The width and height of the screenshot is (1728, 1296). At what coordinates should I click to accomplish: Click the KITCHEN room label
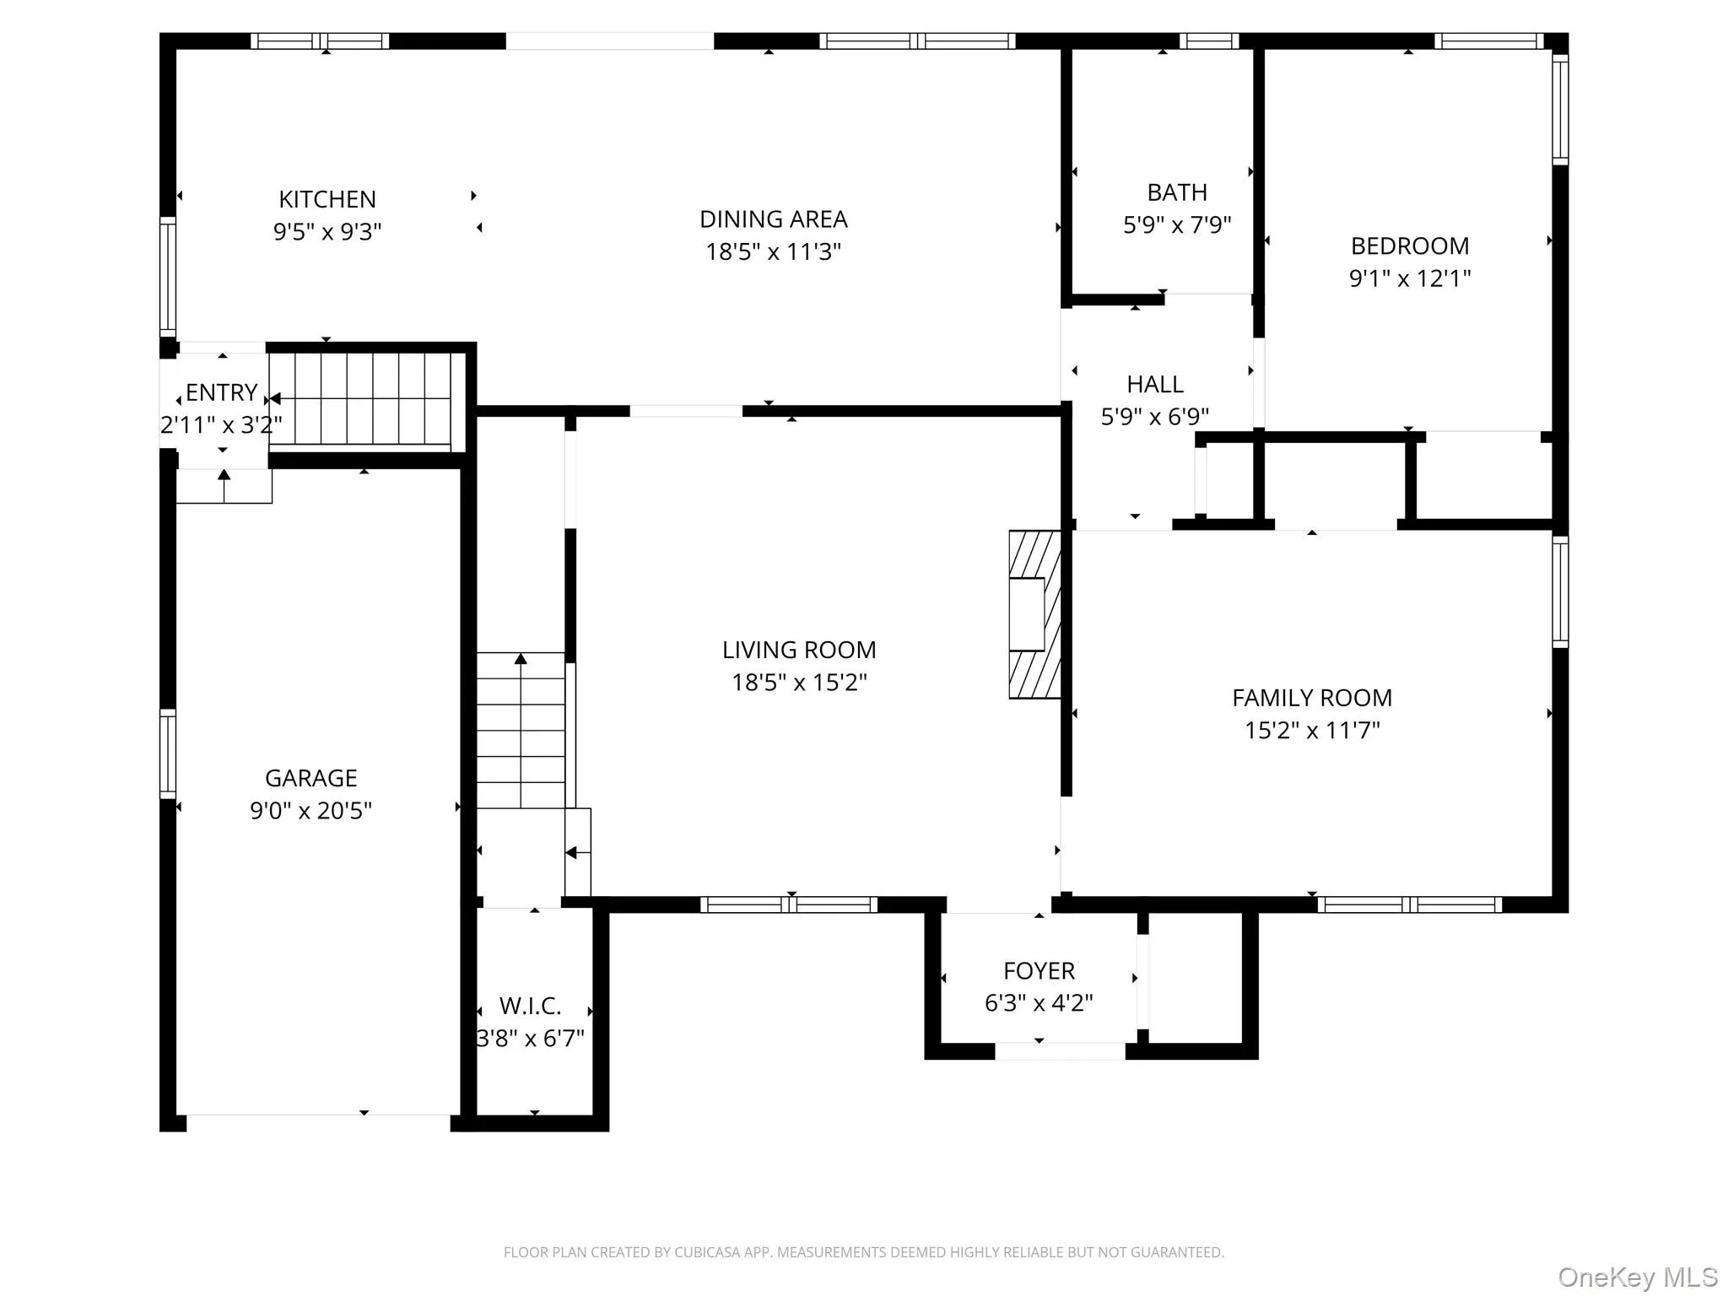click(327, 199)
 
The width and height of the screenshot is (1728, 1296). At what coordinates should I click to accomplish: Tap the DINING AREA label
click(774, 219)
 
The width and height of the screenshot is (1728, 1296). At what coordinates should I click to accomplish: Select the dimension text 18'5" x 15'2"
click(799, 682)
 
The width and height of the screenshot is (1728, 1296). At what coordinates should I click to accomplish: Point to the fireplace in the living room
click(1034, 614)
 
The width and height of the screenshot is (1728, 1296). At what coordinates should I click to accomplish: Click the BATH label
click(1177, 192)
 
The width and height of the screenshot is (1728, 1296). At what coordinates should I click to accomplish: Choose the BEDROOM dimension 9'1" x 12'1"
click(1410, 278)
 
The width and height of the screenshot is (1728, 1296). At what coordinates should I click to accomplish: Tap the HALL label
click(1155, 384)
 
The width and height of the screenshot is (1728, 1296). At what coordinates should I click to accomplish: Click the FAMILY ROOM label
click(1312, 698)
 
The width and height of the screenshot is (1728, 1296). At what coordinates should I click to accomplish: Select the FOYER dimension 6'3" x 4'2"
click(1039, 1002)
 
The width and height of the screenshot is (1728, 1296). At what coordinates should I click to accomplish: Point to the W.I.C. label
click(530, 1006)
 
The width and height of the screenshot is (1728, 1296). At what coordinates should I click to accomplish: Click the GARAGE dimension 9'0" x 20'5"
click(310, 810)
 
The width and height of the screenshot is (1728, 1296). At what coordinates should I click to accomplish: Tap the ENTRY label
click(221, 392)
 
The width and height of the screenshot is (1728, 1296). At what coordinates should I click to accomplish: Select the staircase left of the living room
click(521, 731)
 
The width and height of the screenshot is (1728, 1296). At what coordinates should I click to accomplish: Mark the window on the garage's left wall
click(168, 753)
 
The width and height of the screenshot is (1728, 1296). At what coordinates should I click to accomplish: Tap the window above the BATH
click(1208, 40)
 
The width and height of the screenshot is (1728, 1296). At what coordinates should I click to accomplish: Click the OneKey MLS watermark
click(1638, 1277)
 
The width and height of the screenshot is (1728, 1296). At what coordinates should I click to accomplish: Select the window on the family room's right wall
click(1560, 592)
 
